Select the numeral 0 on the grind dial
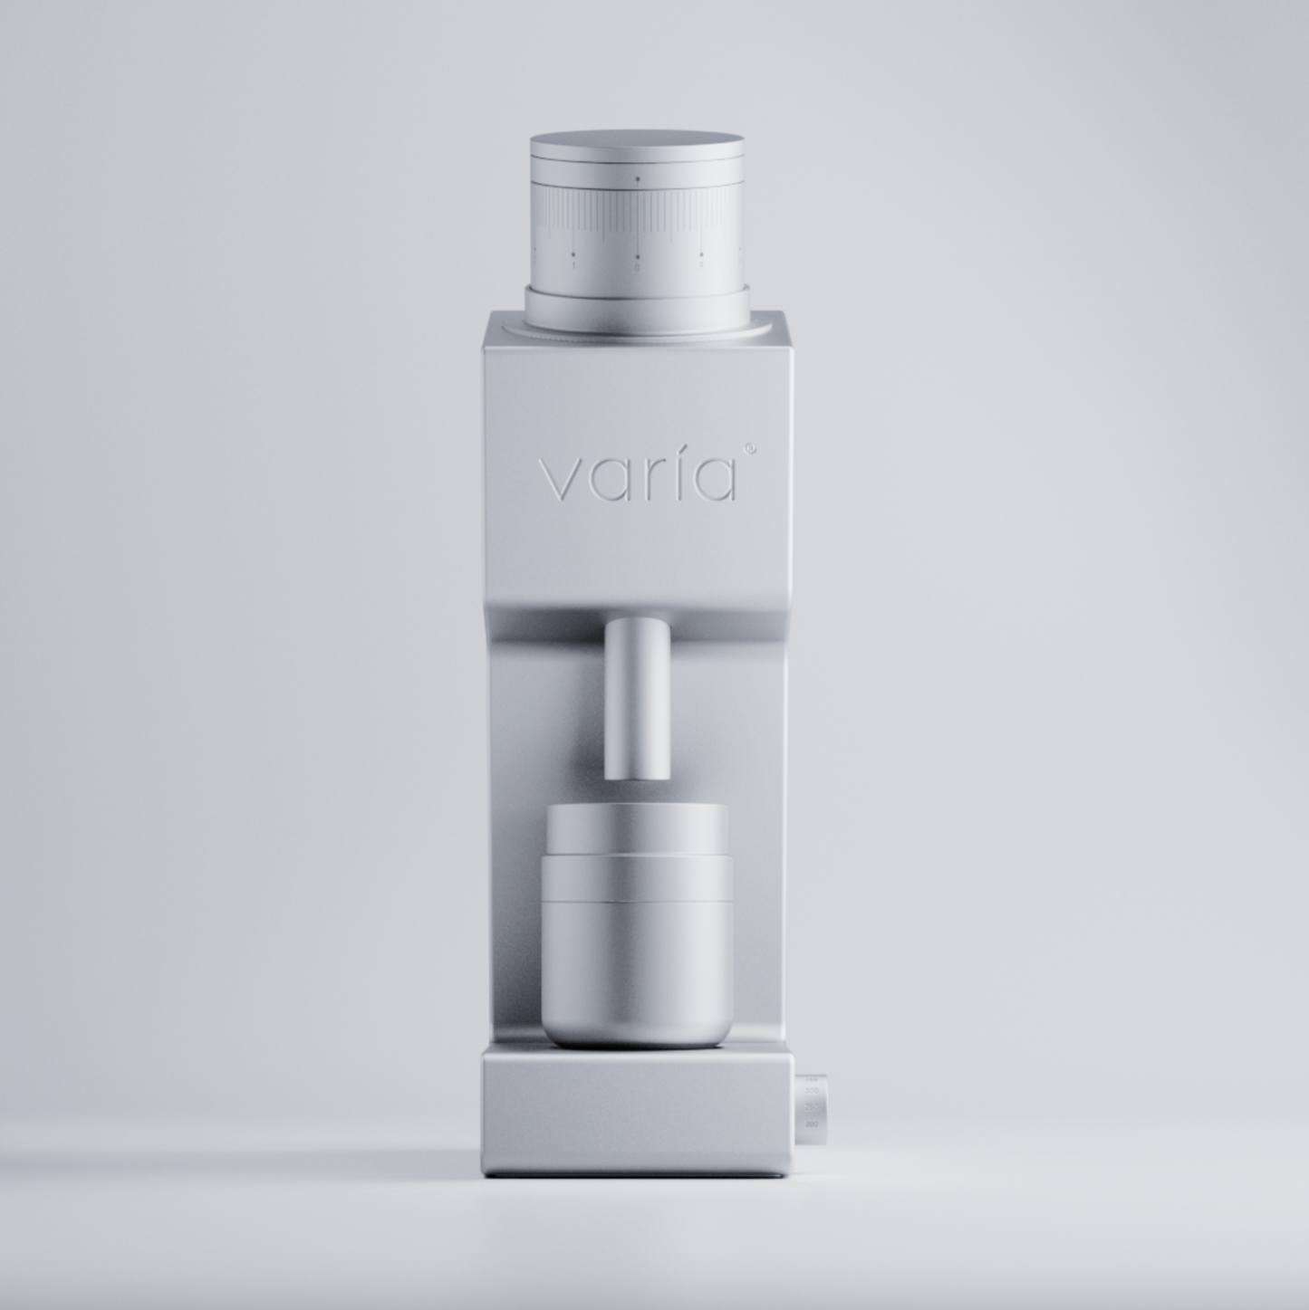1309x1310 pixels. pyautogui.click(x=637, y=267)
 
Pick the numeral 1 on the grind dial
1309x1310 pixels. pyautogui.click(x=573, y=266)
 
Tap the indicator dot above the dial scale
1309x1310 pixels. pyautogui.click(x=637, y=180)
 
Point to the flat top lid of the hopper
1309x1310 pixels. pyautogui.click(x=637, y=145)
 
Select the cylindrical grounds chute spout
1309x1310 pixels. pyautogui.click(x=637, y=697)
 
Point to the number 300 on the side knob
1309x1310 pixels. pyautogui.click(x=812, y=1092)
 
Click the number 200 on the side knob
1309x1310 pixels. pyautogui.click(x=812, y=1123)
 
